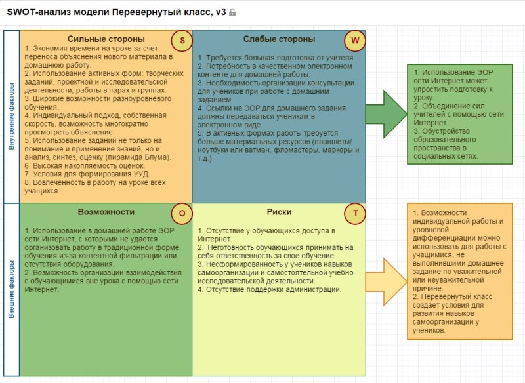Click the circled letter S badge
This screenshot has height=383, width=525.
coord(182,41)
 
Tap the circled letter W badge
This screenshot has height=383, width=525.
coord(355,41)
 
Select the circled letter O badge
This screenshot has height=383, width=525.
coord(182,213)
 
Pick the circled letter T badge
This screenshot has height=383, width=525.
coord(355,213)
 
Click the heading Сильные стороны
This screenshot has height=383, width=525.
coord(106,39)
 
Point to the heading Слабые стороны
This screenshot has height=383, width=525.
coord(280,39)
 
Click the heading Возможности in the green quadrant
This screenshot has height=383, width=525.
coord(106,212)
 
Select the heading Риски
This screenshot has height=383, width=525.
coord(280,212)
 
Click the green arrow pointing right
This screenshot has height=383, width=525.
coord(386,114)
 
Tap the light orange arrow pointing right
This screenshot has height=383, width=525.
coord(386,281)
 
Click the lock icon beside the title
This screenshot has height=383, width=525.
coord(232,12)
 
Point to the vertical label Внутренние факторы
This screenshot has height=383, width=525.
coord(12,116)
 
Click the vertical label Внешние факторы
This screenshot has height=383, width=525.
coord(12,289)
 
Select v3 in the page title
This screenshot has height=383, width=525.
coord(220,12)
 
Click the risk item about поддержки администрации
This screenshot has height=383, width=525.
coord(270,290)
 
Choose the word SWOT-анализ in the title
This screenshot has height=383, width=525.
coord(39,12)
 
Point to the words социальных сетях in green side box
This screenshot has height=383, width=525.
coord(446,156)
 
